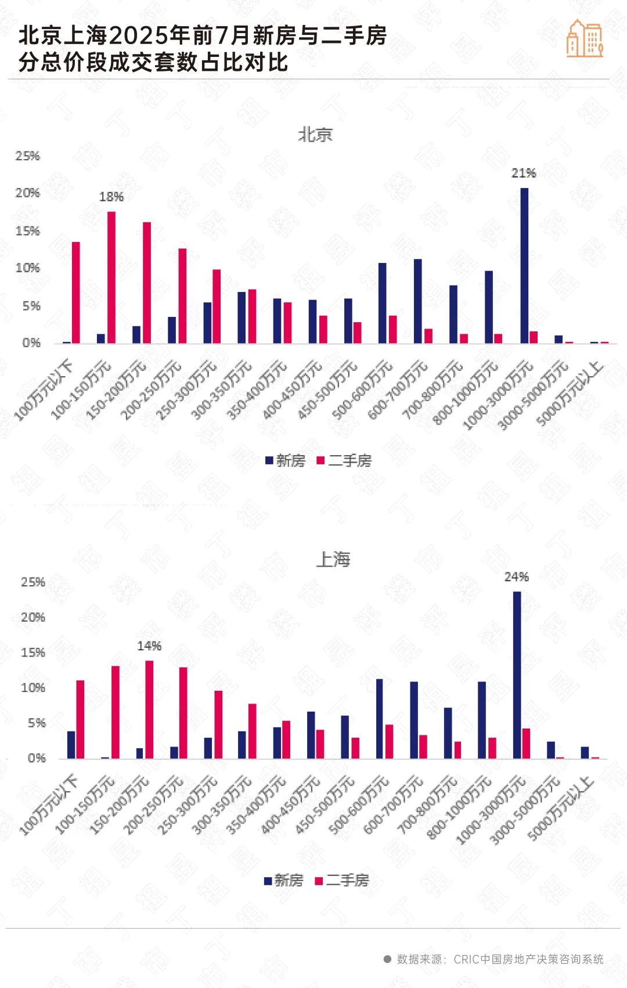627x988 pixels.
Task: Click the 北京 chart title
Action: tap(315, 135)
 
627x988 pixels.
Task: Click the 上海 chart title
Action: tap(333, 560)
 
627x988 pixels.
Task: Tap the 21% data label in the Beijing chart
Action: tap(523, 173)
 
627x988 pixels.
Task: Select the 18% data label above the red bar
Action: tap(111, 197)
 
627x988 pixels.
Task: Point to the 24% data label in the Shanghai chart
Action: tap(516, 577)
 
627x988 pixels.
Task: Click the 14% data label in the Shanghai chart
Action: tap(149, 646)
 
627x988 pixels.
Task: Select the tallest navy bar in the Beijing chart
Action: tap(524, 265)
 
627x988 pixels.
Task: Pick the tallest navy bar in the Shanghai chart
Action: tap(517, 675)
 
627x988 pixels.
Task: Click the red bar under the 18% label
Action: tap(111, 277)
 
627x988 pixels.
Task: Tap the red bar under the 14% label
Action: tap(149, 709)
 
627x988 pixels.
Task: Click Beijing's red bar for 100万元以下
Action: tap(75, 292)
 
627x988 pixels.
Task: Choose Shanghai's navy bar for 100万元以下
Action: tap(71, 745)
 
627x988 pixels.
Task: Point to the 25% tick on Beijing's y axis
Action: tap(27, 156)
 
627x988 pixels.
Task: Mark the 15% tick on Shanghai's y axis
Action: tap(33, 652)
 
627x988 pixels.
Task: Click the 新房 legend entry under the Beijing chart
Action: tap(285, 461)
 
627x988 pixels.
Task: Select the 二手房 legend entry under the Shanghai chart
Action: tap(342, 881)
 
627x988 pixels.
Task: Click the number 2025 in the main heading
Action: tap(138, 36)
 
